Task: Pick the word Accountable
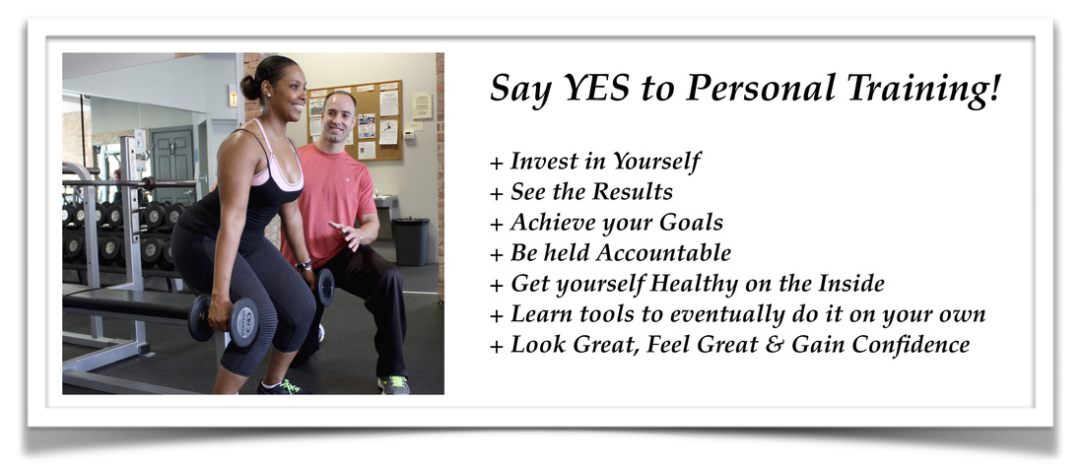click(x=663, y=253)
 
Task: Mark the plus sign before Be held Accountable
click(x=497, y=254)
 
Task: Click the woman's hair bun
click(x=249, y=87)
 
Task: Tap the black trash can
click(x=410, y=240)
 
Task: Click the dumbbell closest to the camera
click(x=224, y=320)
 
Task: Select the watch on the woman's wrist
click(x=304, y=264)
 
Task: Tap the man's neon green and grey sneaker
click(x=393, y=384)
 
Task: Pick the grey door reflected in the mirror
click(x=172, y=166)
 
